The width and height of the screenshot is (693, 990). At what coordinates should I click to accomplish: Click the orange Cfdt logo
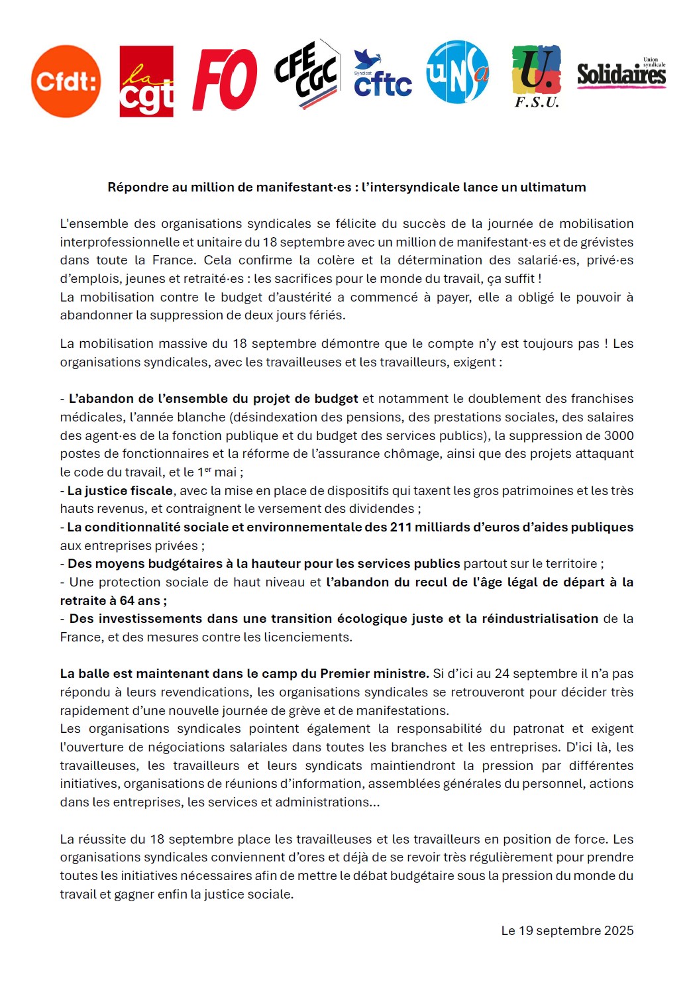pyautogui.click(x=66, y=82)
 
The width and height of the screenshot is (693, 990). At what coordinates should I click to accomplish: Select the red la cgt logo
pyautogui.click(x=146, y=82)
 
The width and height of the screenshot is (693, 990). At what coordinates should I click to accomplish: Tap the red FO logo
pyautogui.click(x=225, y=80)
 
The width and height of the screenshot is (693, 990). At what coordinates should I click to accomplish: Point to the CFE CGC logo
pyautogui.click(x=307, y=74)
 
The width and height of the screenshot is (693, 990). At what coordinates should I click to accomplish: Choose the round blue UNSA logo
pyautogui.click(x=457, y=72)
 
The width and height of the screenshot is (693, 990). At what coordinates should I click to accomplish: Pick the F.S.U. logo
pyautogui.click(x=537, y=77)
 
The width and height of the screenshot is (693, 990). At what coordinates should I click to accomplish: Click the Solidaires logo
pyautogui.click(x=621, y=74)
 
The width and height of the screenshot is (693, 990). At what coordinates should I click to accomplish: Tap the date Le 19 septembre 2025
pyautogui.click(x=567, y=930)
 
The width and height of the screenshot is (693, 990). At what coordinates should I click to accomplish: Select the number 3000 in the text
pyautogui.click(x=619, y=435)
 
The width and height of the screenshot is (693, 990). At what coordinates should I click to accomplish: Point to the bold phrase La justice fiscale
pyautogui.click(x=120, y=490)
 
